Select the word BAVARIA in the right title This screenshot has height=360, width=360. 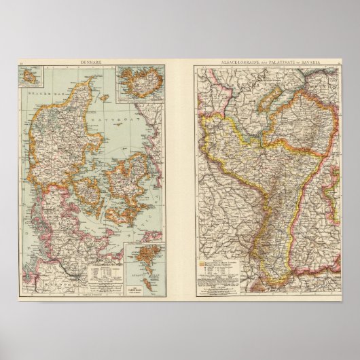pyautogui.click(x=325, y=62)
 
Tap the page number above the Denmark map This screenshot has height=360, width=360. pyautogui.click(x=22, y=62)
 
